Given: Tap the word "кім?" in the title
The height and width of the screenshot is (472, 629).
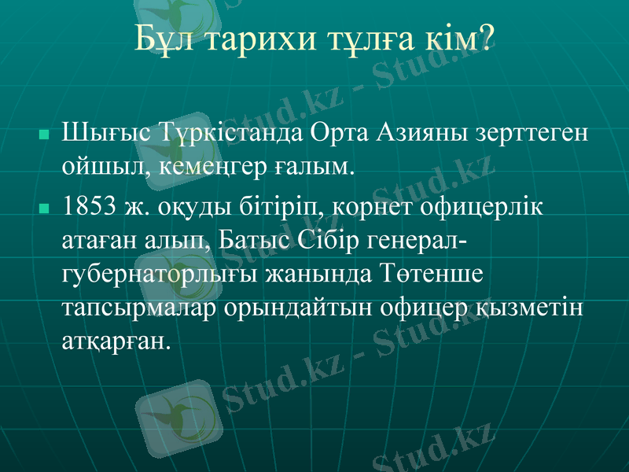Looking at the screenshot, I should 457,39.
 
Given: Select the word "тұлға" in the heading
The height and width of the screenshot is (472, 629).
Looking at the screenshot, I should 365,39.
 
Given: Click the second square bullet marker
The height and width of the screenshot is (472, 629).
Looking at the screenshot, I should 45,209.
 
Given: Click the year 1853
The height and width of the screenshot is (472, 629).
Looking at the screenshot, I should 90,206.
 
